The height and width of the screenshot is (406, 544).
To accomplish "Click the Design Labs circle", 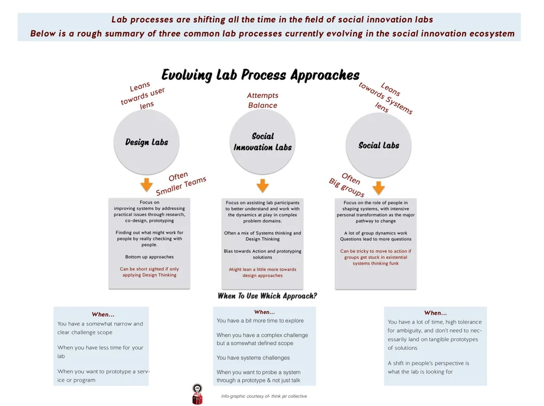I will tap(146, 142).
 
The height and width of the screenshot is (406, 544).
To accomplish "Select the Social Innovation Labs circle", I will tap(263, 142).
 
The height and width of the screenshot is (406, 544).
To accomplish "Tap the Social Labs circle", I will tap(379, 145).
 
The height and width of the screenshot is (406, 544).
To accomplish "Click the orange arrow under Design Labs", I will tap(146, 185).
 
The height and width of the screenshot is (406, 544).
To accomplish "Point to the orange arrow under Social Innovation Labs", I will tap(263, 186).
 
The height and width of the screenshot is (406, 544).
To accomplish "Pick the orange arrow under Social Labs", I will tap(379, 188).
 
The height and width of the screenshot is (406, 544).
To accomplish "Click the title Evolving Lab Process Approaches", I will tap(261, 75).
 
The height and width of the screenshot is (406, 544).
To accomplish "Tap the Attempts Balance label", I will tap(263, 101).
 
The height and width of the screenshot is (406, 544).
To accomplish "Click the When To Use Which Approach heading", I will tap(267, 296).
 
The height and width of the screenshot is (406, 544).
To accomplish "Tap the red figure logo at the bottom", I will tap(197, 394).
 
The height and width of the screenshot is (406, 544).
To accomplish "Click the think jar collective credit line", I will tap(264, 396).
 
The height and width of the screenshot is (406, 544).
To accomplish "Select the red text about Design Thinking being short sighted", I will tap(149, 272).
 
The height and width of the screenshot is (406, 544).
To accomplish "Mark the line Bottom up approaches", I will tap(149, 257).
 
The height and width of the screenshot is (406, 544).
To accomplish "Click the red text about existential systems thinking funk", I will tap(375, 257).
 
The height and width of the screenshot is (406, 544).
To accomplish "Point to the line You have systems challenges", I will tap(253, 358).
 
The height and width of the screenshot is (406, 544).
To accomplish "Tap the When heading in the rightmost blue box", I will tap(435, 313).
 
